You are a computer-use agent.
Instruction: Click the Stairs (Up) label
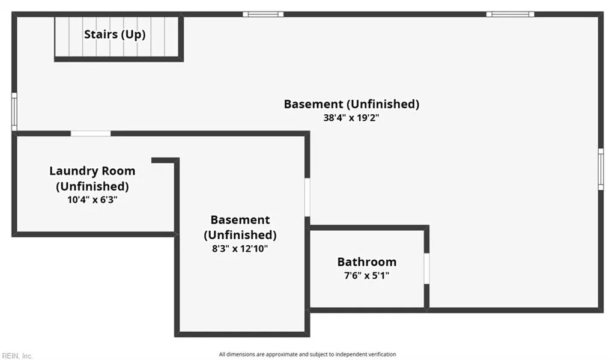[115, 34]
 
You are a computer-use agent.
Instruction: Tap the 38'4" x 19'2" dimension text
[351, 118]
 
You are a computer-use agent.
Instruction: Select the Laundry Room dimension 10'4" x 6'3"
[92, 200]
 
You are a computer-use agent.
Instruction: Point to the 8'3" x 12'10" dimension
[240, 248]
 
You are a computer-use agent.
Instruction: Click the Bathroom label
[367, 262]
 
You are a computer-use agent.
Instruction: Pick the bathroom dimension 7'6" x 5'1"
[366, 276]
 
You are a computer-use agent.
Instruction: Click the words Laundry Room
[92, 171]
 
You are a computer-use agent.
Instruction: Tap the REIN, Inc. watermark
[17, 356]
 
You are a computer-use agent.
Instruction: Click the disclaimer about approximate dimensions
[307, 354]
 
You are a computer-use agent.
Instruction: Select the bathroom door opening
[427, 269]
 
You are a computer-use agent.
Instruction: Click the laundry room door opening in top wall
[91, 133]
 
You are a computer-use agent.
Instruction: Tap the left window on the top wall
[263, 14]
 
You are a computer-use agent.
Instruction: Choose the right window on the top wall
[510, 14]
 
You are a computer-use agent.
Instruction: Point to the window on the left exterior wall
[14, 112]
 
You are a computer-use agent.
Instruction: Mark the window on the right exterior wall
[601, 169]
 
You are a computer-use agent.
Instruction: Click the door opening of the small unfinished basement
[307, 197]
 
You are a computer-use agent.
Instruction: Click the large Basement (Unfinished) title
[351, 104]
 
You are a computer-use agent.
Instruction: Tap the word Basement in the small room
[240, 220]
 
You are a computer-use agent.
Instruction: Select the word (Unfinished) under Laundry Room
[92, 186]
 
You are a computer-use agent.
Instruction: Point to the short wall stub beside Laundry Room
[165, 160]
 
